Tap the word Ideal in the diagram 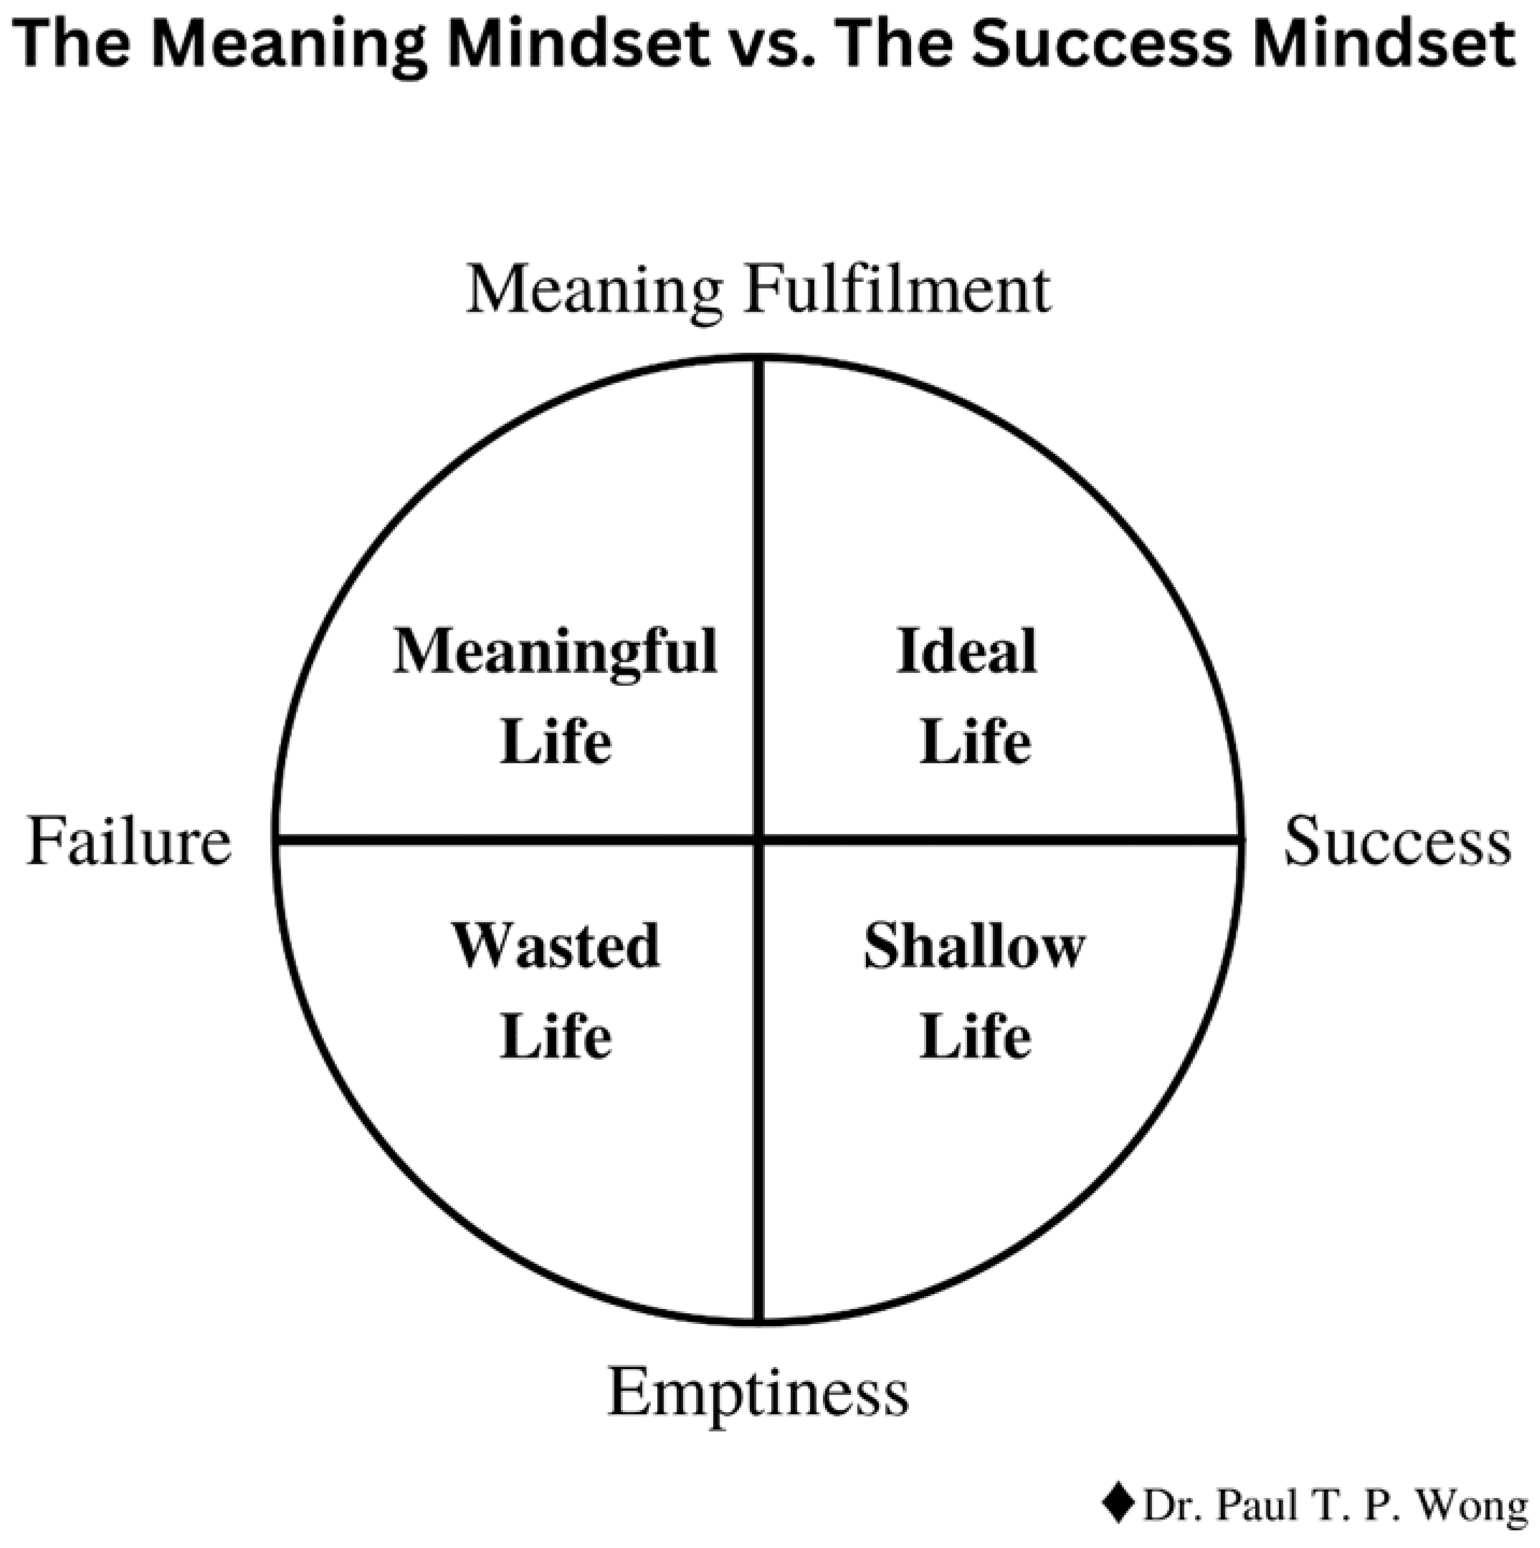coord(967,650)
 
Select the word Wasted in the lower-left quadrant coord(556,946)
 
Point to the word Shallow coord(974,946)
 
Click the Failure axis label coord(129,841)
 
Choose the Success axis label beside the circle coord(1398,841)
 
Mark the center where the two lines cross coord(759,841)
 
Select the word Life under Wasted coord(556,1037)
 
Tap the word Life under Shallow coord(975,1037)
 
